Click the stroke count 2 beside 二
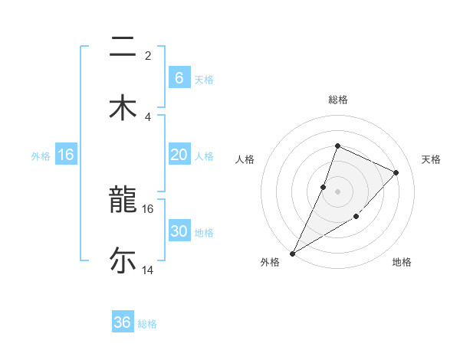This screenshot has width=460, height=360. (x=148, y=55)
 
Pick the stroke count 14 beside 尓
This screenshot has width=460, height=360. (x=147, y=270)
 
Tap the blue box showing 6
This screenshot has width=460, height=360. (x=179, y=78)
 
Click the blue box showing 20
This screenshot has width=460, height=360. (x=179, y=155)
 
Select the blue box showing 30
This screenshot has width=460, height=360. (x=179, y=231)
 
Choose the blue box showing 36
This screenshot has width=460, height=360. (x=123, y=322)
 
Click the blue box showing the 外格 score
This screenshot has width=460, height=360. (x=66, y=155)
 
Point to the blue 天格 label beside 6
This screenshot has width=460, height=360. (x=204, y=80)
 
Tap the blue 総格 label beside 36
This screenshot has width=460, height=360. (x=147, y=324)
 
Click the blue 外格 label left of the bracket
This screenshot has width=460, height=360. (x=41, y=155)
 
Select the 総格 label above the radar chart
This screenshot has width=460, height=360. (x=337, y=100)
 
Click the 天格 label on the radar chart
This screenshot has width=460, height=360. (x=431, y=159)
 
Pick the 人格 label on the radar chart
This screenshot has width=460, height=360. (x=245, y=159)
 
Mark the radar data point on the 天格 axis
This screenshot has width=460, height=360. (x=396, y=172)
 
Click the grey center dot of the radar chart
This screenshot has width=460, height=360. (x=337, y=191)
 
